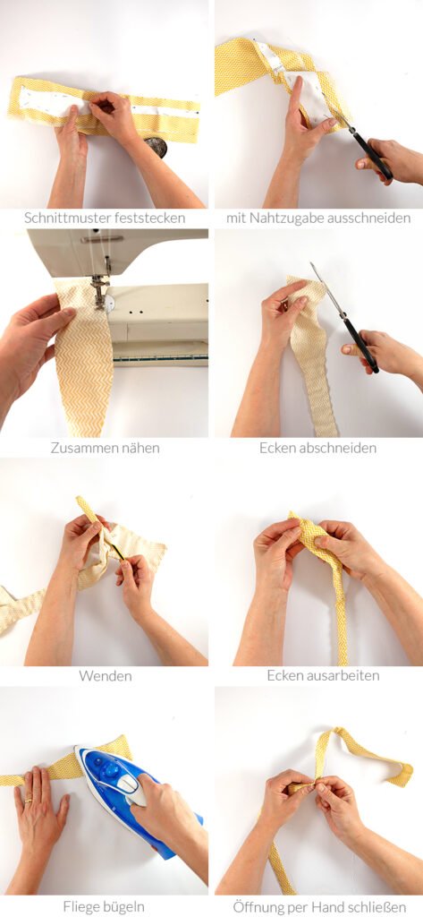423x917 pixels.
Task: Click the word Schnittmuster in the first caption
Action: pyautogui.click(x=60, y=219)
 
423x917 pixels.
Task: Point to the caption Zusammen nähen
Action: pyautogui.click(x=106, y=449)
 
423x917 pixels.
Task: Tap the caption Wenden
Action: pyautogui.click(x=106, y=676)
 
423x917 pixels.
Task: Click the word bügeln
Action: pyautogui.click(x=123, y=907)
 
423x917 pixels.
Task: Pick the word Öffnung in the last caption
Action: pyautogui.click(x=255, y=907)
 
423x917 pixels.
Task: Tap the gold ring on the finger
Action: pyautogui.click(x=30, y=795)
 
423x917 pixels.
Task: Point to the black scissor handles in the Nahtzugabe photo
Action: pyautogui.click(x=372, y=154)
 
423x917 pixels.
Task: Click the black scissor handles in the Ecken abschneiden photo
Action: pyautogui.click(x=360, y=344)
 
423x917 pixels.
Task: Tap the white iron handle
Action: pyautogui.click(x=133, y=785)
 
